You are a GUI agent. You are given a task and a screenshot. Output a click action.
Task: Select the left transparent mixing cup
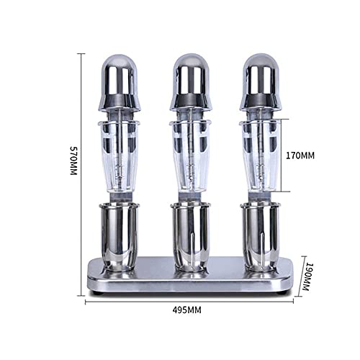(x=120, y=155)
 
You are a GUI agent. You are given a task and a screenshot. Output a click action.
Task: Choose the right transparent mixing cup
(x=260, y=155)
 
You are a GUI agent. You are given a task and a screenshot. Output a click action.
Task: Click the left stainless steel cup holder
(x=120, y=234)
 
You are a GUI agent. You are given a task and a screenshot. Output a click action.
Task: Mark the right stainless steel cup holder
(x=260, y=234)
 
